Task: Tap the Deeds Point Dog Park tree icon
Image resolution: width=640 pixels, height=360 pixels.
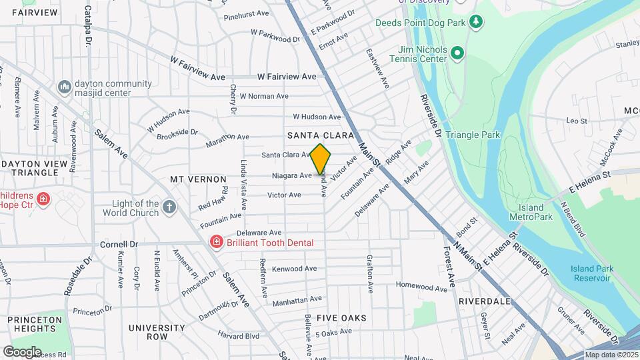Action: pos(475,22)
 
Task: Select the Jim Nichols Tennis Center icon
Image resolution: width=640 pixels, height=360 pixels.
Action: pos(457,53)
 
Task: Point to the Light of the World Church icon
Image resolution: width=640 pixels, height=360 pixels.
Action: pos(169,207)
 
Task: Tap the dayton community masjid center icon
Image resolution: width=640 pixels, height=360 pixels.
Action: pos(65,87)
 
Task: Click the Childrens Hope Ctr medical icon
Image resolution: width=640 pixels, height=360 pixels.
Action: pos(43,199)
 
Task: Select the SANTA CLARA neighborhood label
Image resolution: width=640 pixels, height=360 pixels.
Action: pos(320,135)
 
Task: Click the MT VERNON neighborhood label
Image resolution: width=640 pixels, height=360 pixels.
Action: pos(198,180)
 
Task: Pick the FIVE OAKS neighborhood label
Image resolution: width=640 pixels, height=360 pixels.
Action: pos(341,318)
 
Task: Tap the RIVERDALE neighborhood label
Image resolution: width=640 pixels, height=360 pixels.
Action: pos(484,301)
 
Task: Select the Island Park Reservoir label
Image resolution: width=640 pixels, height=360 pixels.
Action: pos(591,273)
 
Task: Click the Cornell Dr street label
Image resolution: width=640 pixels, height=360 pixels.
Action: pos(119,244)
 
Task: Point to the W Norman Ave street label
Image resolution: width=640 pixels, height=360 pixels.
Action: pos(264,96)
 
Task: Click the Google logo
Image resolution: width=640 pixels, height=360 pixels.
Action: pos(21,351)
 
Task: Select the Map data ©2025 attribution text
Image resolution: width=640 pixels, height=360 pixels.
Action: pos(611,355)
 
